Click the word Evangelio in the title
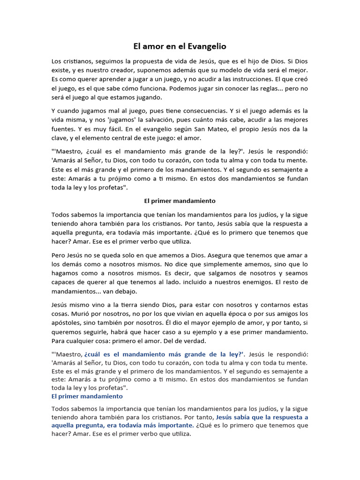[206, 46]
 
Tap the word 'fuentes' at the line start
[63, 128]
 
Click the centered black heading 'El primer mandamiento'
[180, 201]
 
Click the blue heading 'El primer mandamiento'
[87, 396]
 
